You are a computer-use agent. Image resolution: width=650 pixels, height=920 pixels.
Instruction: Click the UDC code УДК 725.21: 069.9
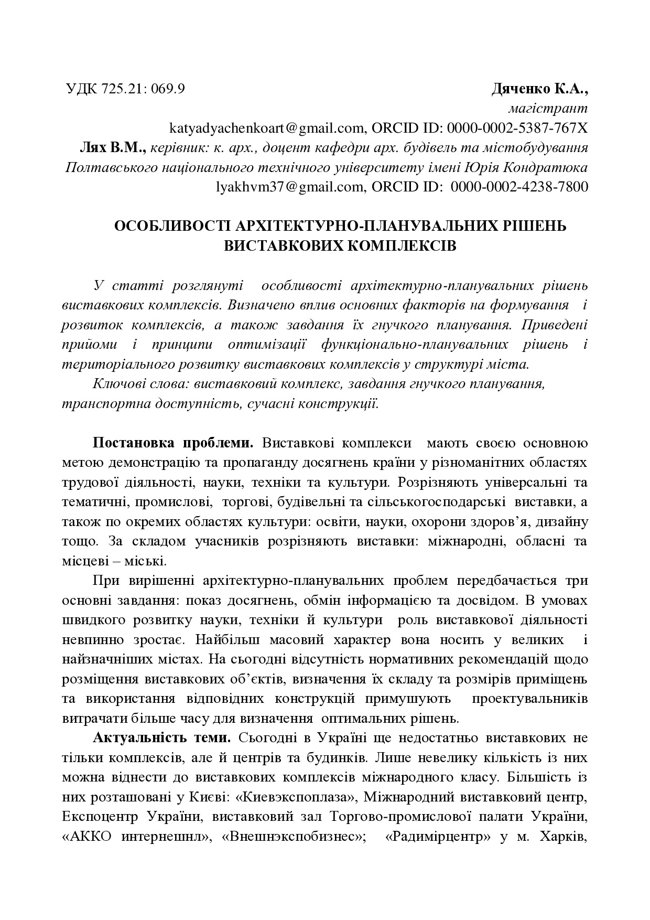125,89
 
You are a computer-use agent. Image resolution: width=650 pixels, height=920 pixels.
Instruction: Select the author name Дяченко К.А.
539,89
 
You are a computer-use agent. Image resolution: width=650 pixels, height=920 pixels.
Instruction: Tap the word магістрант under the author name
548,109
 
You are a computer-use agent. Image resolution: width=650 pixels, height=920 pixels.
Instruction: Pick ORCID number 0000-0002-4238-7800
519,186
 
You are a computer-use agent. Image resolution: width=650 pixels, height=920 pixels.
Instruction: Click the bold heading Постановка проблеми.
173,443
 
